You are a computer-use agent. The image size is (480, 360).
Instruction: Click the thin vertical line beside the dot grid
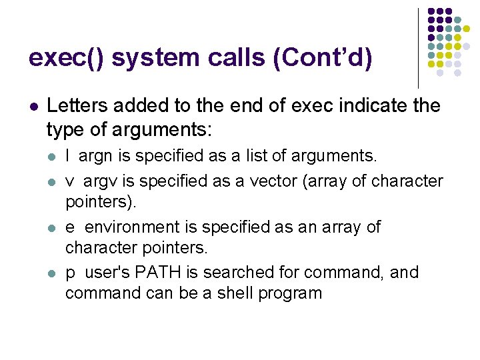pos(418,47)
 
